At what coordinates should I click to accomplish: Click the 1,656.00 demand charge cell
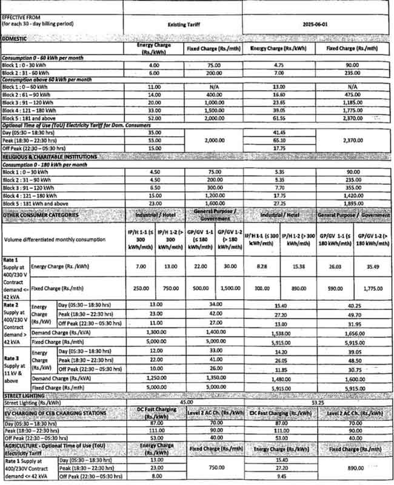tap(356, 333)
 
